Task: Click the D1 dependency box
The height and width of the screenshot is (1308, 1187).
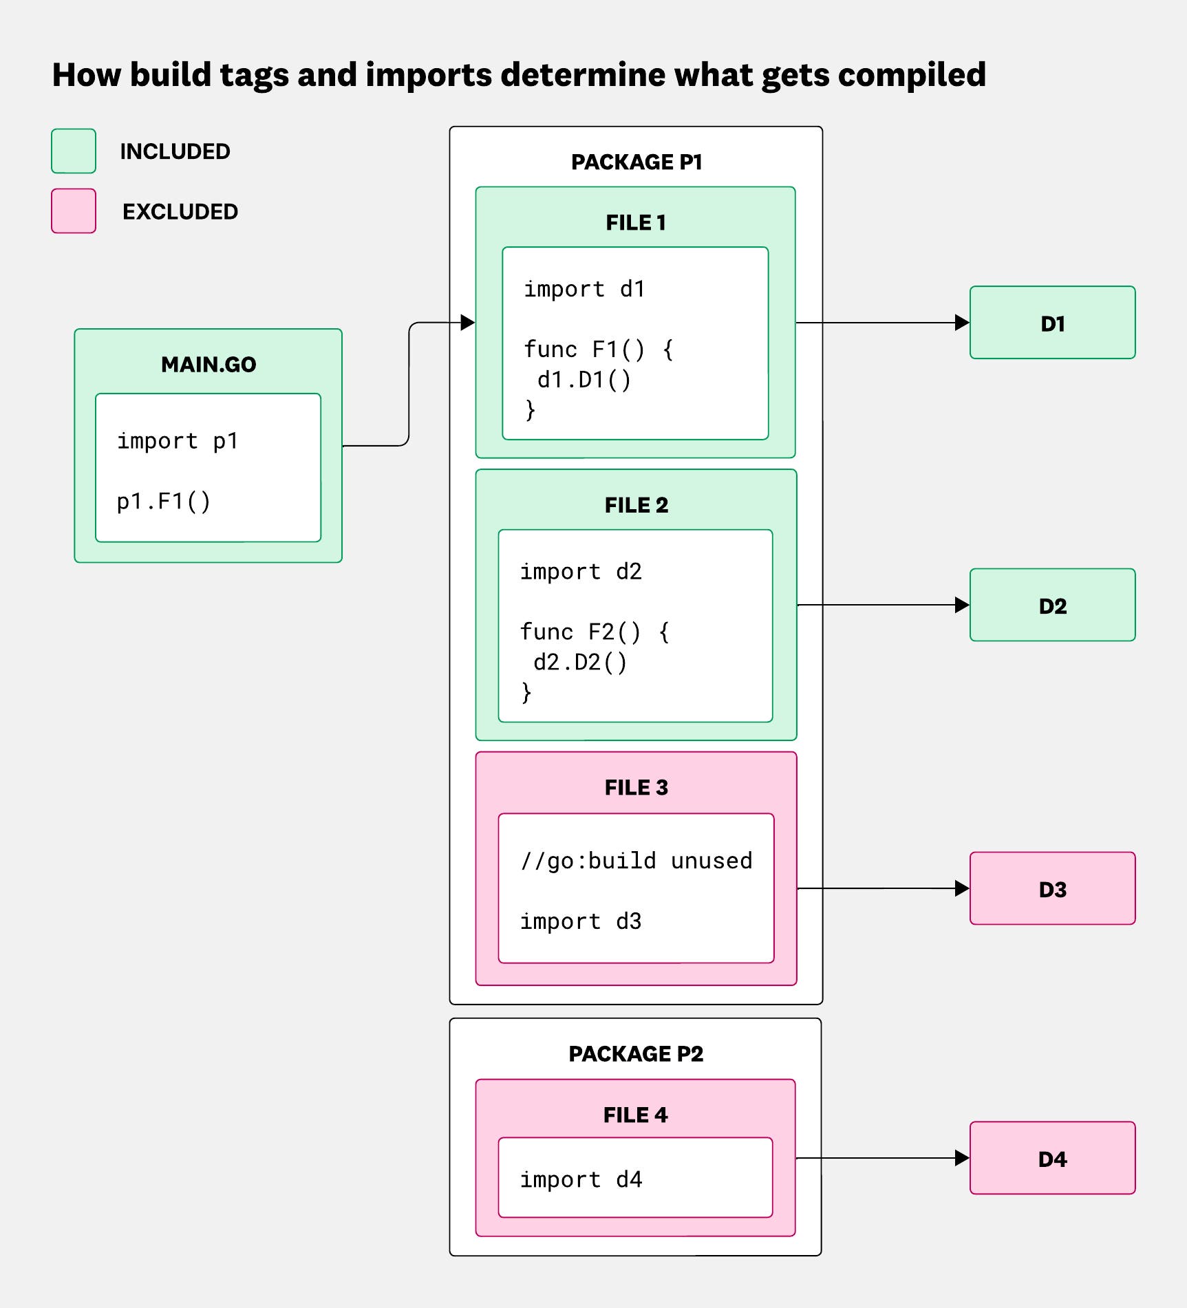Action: (1051, 323)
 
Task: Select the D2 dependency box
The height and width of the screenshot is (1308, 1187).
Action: (1051, 605)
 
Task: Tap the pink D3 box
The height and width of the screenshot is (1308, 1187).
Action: (1051, 889)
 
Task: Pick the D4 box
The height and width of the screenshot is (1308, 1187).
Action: (1051, 1159)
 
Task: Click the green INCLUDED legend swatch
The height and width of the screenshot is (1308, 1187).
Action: (74, 151)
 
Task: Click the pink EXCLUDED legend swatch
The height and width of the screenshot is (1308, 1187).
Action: (74, 211)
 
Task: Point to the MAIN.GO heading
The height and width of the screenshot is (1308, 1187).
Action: (208, 365)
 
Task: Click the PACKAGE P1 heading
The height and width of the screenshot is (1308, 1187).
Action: (637, 162)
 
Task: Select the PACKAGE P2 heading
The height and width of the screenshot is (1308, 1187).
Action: (636, 1054)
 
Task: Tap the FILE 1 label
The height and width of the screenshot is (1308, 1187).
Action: (636, 223)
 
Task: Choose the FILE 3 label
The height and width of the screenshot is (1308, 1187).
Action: (636, 788)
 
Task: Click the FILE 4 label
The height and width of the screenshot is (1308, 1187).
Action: (635, 1115)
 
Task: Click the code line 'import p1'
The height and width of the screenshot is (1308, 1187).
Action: (178, 441)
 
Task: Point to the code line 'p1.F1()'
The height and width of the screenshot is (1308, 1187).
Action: (164, 502)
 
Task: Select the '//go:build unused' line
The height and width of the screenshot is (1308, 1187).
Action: (637, 861)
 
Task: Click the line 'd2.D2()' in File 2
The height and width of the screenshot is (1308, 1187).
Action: (580, 663)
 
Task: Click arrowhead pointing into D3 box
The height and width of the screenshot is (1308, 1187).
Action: (962, 889)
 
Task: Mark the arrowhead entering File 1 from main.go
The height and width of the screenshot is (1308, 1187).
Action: (468, 322)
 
